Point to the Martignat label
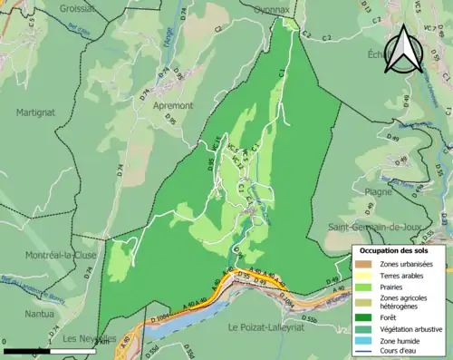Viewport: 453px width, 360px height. pyautogui.click(x=35, y=112)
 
